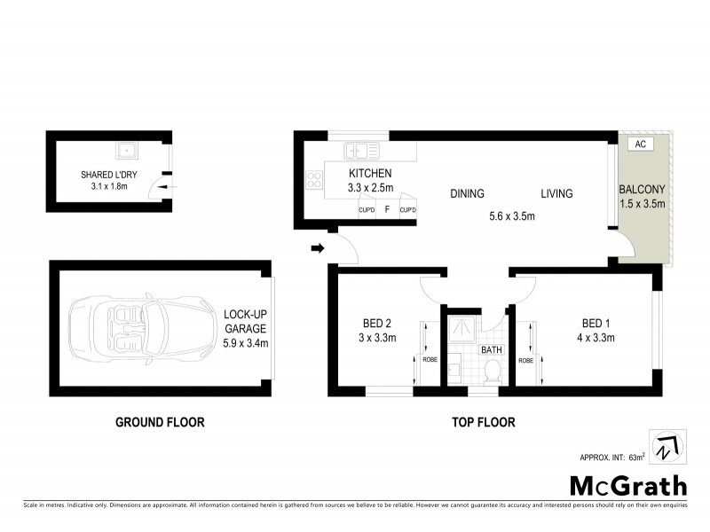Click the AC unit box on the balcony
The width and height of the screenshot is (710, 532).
(x=639, y=143)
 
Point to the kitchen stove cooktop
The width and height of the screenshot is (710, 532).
(x=314, y=179)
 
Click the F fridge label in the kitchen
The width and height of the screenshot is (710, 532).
(x=387, y=210)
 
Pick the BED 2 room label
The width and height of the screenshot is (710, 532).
(x=373, y=323)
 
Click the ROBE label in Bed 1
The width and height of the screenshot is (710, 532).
(x=525, y=361)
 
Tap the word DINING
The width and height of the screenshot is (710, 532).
(x=467, y=194)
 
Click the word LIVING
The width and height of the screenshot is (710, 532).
(x=556, y=194)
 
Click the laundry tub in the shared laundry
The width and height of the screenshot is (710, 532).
(x=129, y=148)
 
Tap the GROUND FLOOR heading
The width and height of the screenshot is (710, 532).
(x=160, y=423)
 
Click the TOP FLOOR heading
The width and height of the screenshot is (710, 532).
(x=478, y=423)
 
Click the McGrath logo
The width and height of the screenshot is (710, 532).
(x=627, y=485)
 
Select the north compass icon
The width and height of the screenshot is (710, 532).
(x=664, y=446)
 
